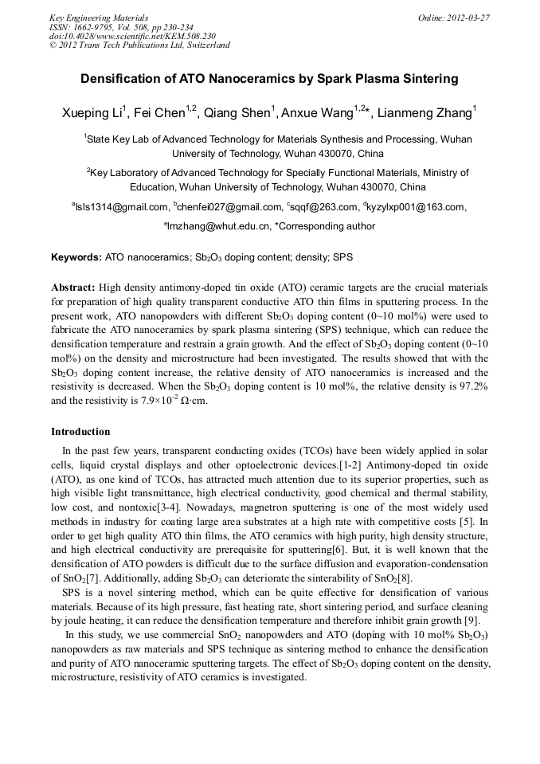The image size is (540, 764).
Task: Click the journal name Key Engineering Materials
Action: (x=99, y=17)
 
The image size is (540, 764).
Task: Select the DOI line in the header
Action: (x=132, y=36)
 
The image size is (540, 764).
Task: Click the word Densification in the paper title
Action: (x=117, y=79)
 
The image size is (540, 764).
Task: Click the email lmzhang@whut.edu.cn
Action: (x=217, y=226)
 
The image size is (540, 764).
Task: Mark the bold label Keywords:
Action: (x=76, y=258)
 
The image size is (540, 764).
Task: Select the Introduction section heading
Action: (x=80, y=432)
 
